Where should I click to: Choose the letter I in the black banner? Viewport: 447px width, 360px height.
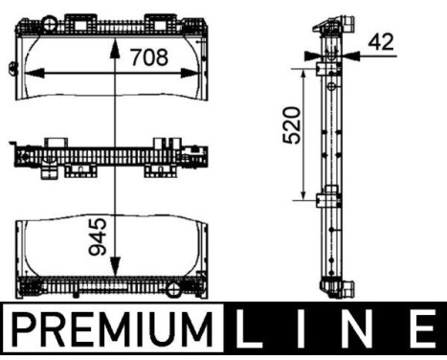tap(303, 332)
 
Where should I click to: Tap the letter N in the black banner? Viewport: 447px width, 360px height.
tap(361, 332)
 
